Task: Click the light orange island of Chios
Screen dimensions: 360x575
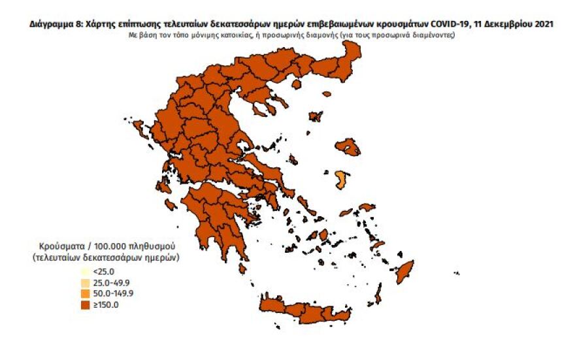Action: click(x=340, y=179)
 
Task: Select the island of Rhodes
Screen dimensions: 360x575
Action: click(x=405, y=271)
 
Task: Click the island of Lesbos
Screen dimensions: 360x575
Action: click(x=347, y=147)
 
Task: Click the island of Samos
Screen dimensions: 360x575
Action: click(x=367, y=207)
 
